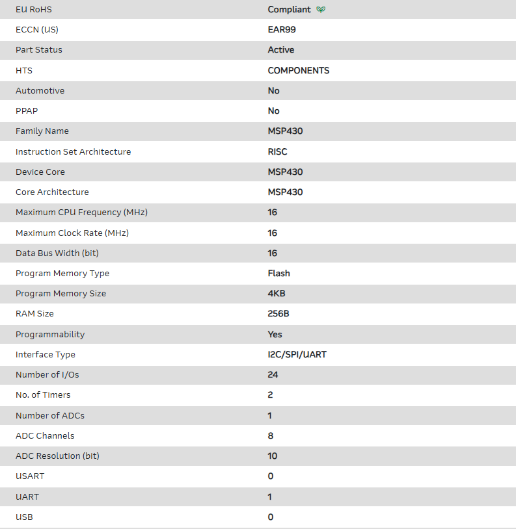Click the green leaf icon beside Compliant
pos(321,10)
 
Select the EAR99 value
pos(282,30)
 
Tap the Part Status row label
pos(39,50)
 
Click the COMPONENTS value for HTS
pos(299,70)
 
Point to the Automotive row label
pos(40,90)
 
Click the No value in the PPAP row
pos(273,111)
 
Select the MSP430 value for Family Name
pos(285,131)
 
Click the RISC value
pos(277,151)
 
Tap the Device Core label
pos(40,172)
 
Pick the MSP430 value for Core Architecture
pos(285,192)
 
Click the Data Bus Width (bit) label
pos(57,253)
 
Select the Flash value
pos(279,274)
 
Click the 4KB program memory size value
pos(277,294)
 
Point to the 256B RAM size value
pos(279,314)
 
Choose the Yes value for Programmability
pos(275,334)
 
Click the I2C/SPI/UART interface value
pos(297,355)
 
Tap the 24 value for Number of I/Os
pos(273,375)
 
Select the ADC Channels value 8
pos(271,436)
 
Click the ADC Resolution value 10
pos(273,456)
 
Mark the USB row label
pos(24,517)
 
